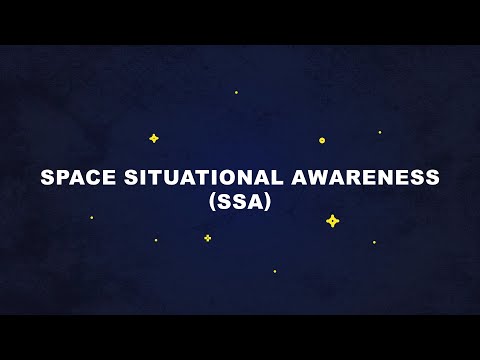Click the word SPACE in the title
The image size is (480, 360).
tap(74, 178)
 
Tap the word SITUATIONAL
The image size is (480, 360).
tap(192, 178)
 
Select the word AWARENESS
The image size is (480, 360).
tap(355, 178)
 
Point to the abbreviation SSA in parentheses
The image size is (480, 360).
tap(240, 200)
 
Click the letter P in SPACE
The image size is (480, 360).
tap(60, 178)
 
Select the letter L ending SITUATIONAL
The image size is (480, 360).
tap(264, 178)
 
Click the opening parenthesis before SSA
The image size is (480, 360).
tap(211, 200)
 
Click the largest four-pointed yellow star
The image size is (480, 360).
tap(333, 221)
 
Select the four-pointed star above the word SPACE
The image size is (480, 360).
tap(154, 138)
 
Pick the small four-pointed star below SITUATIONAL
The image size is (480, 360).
tap(208, 238)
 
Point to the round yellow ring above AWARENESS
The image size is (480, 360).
tap(322, 140)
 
